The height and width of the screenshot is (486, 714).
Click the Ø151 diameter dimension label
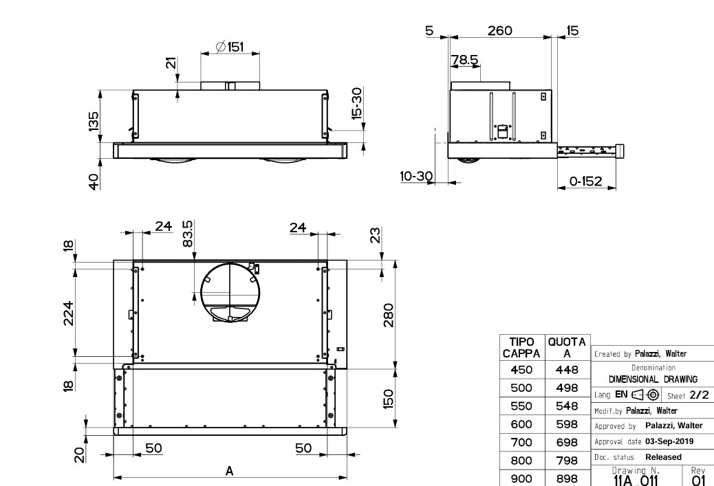(x=229, y=46)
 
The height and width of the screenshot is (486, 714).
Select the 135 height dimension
(x=94, y=121)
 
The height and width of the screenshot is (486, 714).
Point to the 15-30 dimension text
(x=356, y=103)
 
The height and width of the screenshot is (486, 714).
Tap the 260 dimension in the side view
(x=499, y=30)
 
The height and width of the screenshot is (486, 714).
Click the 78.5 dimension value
(x=465, y=60)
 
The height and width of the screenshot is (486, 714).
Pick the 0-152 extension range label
(x=585, y=181)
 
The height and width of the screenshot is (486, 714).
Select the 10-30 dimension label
(x=415, y=177)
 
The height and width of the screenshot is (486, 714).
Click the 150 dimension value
(x=389, y=398)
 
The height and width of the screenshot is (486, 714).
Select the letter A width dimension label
(x=230, y=471)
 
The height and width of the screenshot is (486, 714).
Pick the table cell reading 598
(x=566, y=424)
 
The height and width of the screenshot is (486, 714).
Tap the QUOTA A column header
(x=566, y=347)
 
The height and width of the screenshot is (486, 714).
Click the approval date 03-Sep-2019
(x=668, y=441)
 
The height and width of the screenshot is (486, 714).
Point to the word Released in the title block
(x=663, y=457)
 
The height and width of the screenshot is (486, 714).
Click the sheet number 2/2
(x=699, y=395)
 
